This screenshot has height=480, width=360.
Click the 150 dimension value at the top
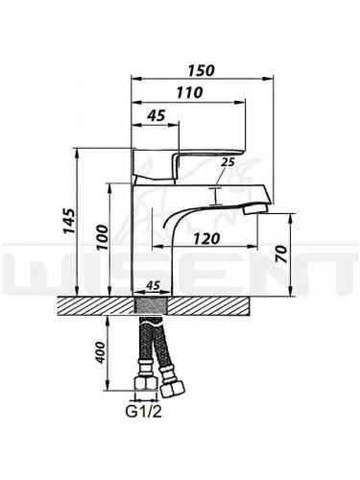[x=201, y=70]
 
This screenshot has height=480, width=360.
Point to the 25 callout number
[x=227, y=163]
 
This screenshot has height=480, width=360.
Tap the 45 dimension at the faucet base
[x=152, y=284]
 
